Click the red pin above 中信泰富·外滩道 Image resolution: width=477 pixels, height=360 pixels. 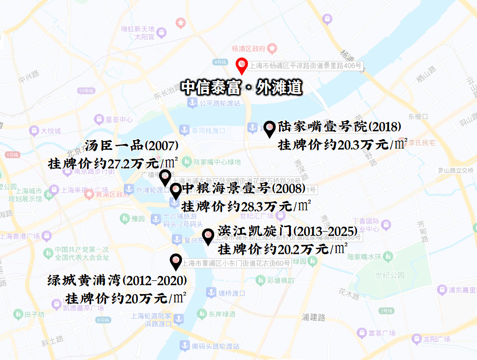[x=242, y=65]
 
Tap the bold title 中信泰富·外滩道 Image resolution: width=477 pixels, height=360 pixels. [x=241, y=88]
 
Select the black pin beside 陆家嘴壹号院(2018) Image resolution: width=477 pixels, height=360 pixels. [x=270, y=128]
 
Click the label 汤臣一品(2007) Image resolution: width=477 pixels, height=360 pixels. [x=131, y=146]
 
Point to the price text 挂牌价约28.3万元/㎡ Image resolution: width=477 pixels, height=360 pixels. [x=246, y=205]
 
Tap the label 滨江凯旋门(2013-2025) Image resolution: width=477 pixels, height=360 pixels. [x=287, y=231]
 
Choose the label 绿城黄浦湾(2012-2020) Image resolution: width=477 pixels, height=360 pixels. [x=117, y=281]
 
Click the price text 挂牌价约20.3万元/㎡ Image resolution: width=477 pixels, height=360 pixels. [x=343, y=145]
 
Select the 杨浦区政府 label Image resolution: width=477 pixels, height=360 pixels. [x=249, y=49]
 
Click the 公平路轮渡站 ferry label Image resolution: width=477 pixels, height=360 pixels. [x=220, y=103]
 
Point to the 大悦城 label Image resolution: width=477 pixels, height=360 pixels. [x=51, y=131]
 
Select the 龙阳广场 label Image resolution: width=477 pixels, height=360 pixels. [x=437, y=339]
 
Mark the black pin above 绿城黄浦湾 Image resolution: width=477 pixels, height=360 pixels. [x=175, y=261]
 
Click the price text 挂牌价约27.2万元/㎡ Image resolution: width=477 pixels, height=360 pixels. [x=113, y=163]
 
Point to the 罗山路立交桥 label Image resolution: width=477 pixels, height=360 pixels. [x=456, y=171]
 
